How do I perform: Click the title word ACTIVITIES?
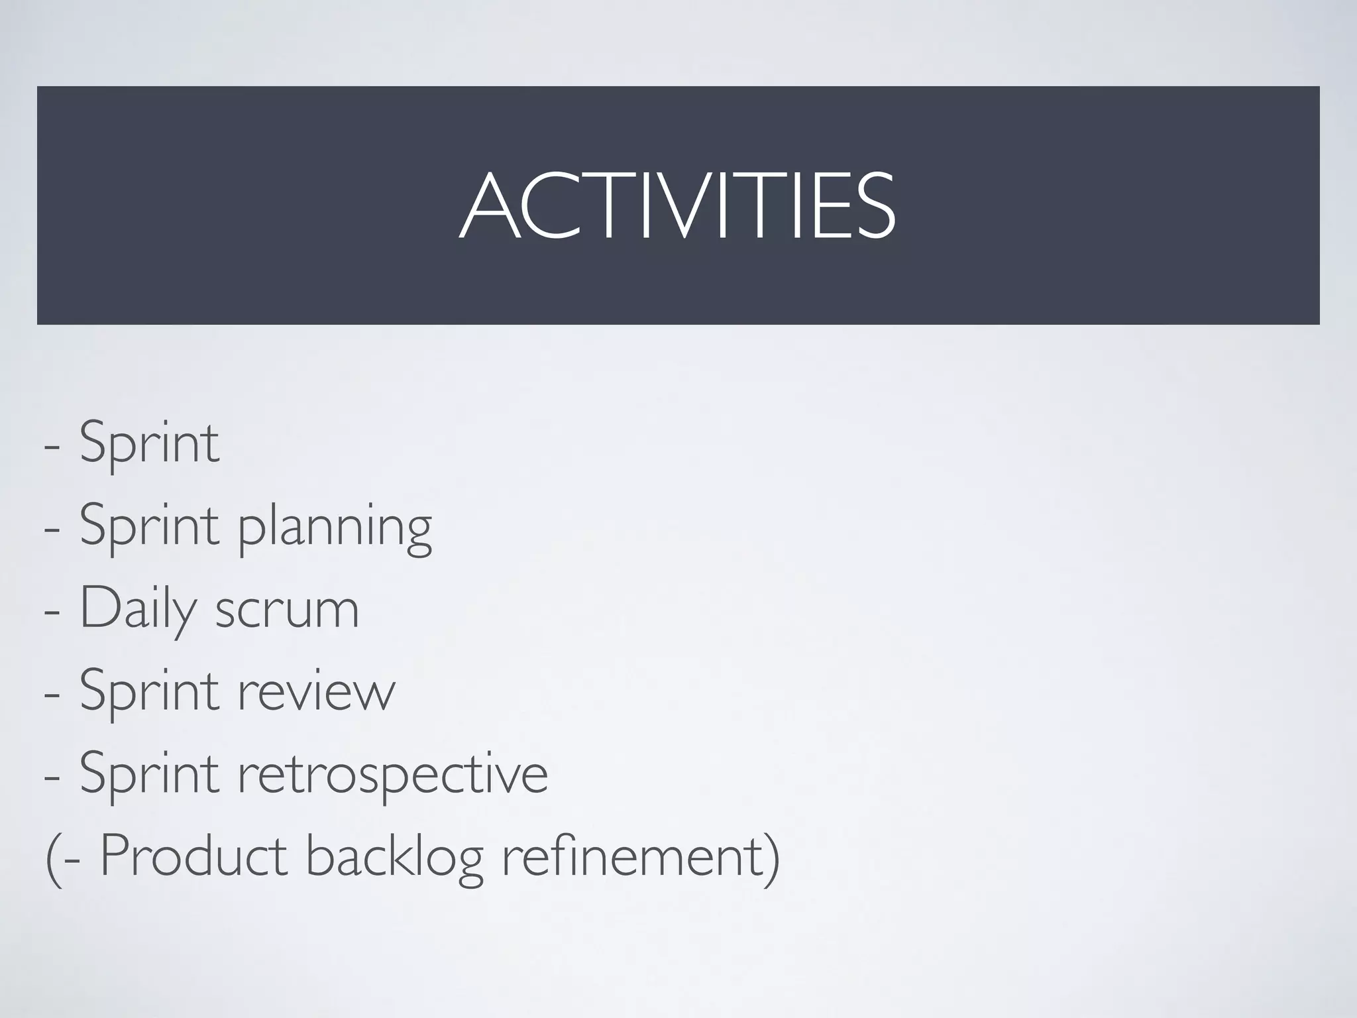(x=677, y=205)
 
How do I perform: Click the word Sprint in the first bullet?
(x=149, y=443)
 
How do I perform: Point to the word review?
(x=316, y=691)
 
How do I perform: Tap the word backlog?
(x=394, y=858)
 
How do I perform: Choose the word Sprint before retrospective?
(x=149, y=774)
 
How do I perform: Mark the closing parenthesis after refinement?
(x=771, y=858)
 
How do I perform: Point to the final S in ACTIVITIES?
(x=874, y=205)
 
